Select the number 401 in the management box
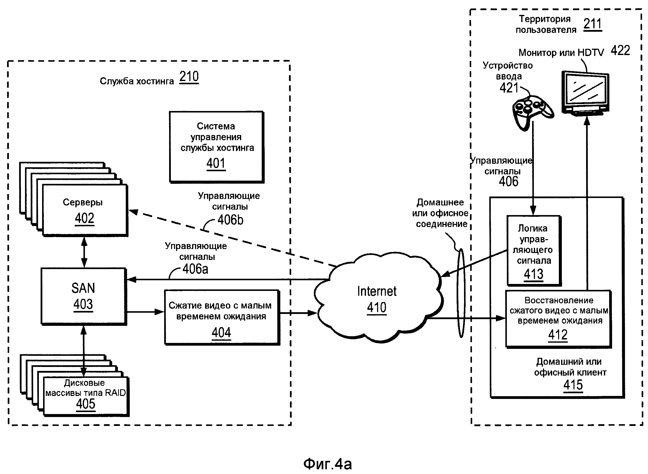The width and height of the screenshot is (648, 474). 216,163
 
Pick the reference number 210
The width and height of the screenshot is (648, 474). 189,77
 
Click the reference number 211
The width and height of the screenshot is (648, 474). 592,24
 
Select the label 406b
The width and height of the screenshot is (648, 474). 230,220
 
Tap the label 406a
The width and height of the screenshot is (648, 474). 195,269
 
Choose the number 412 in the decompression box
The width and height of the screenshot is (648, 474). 558,335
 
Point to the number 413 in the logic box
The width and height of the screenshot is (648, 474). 533,274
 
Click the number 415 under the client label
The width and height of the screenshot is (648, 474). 573,385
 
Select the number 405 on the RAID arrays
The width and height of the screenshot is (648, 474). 85,404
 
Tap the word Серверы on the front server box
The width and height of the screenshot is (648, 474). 82,202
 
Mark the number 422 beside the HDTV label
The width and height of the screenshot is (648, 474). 620,51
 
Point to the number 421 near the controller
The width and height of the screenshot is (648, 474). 509,88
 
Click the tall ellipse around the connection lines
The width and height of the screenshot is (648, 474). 461,293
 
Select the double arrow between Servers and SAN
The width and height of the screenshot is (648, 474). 84,252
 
